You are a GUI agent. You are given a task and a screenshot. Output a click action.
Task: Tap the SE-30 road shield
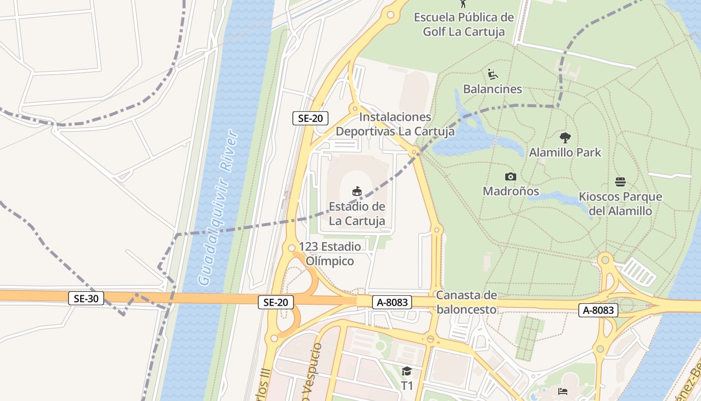coord(86,299)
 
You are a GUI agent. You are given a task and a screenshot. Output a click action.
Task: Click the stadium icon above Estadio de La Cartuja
coord(357,191)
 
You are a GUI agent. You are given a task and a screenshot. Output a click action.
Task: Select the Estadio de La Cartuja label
coord(357,214)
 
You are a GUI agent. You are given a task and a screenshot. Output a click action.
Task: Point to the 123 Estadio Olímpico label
coord(330,254)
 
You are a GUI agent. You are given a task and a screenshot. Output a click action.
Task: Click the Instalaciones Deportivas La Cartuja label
coord(395,124)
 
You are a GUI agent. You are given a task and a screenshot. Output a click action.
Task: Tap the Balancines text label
coord(493,89)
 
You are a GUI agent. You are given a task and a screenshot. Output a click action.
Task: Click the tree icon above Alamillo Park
coord(565,137)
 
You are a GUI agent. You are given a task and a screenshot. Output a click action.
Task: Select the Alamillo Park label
coord(565,152)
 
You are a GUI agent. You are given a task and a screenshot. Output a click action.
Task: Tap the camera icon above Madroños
coord(511,176)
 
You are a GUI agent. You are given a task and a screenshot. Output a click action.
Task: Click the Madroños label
coord(511,191)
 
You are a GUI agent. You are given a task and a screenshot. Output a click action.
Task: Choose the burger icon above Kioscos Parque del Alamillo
coord(620,181)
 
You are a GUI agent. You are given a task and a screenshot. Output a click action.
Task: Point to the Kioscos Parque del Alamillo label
coord(620,204)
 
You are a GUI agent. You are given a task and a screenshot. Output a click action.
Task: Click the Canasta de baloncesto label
coord(466,302)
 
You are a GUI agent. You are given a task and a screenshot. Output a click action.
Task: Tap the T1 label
coord(407,386)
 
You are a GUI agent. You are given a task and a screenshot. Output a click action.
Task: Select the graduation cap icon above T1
coord(407,371)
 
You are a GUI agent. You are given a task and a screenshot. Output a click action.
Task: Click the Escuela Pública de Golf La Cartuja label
coord(464,25)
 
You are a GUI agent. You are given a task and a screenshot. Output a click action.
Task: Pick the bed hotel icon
coord(563,391)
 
